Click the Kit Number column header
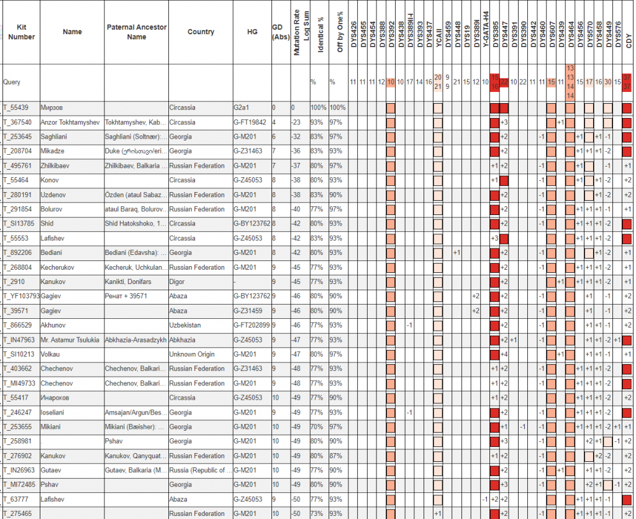21,32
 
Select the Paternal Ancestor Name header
137,32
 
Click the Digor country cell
178,282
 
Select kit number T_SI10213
20,354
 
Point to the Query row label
12,81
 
